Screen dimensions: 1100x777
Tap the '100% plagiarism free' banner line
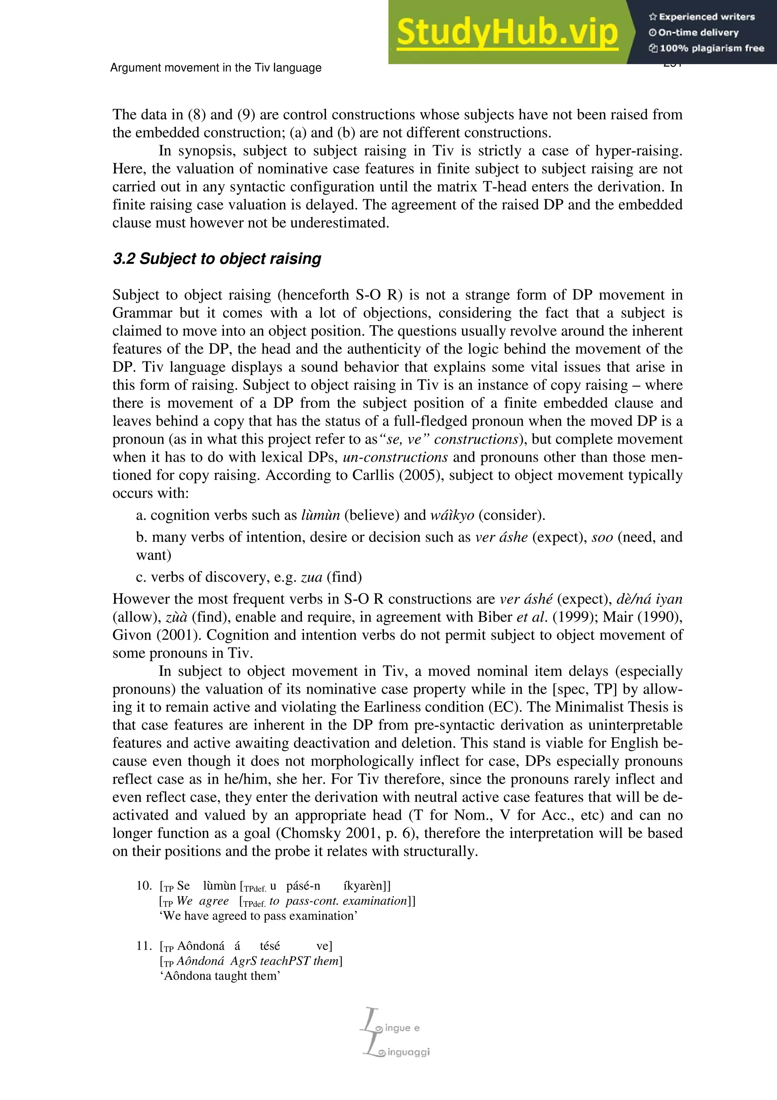point(707,48)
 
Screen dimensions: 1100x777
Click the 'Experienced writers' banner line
point(702,17)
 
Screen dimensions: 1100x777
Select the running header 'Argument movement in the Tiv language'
point(215,68)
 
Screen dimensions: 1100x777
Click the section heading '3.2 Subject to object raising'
point(217,259)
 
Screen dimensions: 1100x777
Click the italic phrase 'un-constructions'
point(395,457)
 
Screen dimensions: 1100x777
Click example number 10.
point(144,885)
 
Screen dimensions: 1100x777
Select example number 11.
point(144,946)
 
